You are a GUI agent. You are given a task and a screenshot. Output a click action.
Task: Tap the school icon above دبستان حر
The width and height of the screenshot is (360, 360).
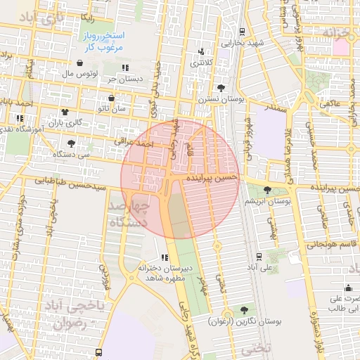click(x=125, y=68)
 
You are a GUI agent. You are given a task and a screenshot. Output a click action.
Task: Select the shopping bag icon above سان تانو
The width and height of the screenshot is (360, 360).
click(x=112, y=98)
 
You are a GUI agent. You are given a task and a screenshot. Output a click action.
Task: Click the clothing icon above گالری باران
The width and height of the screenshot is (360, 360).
click(x=65, y=112)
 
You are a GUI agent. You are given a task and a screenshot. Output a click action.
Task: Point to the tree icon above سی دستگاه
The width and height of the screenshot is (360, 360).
click(x=72, y=143)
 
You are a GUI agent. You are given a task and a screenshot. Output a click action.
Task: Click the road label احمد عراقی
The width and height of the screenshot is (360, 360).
click(x=137, y=143)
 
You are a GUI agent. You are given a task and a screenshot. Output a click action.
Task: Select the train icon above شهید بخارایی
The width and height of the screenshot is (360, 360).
click(x=243, y=32)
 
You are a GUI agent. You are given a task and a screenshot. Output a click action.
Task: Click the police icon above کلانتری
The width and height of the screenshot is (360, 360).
click(x=202, y=51)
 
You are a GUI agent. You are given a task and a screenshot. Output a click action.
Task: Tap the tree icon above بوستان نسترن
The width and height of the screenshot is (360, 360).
click(x=221, y=89)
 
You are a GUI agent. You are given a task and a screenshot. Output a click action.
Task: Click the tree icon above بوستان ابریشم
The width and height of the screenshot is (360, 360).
click(x=267, y=190)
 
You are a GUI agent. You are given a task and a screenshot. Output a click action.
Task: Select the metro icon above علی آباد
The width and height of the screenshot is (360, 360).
click(x=259, y=257)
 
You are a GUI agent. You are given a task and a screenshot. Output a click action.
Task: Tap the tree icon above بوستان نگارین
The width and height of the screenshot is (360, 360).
click(x=244, y=309)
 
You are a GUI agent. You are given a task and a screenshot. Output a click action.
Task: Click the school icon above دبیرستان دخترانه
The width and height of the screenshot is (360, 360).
click(x=164, y=257)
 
